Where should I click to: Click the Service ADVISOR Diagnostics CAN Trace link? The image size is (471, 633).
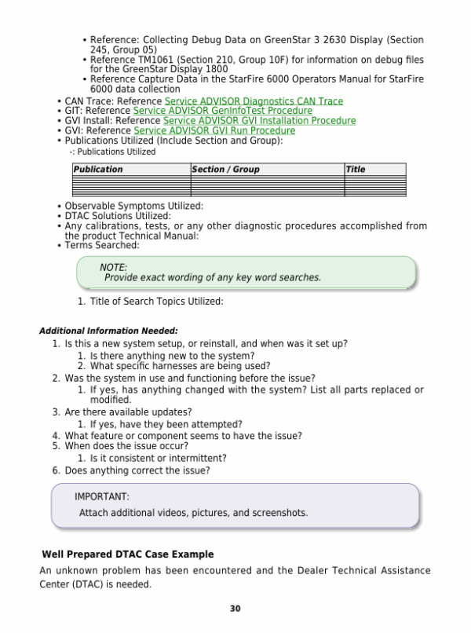pos(254,101)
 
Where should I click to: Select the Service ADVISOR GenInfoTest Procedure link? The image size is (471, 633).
pos(223,112)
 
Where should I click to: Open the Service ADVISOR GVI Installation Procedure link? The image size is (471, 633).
pos(259,121)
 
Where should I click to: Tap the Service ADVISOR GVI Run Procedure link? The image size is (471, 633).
pos(214,130)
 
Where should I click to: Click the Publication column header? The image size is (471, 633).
pos(98,169)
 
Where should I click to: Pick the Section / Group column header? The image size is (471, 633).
pos(225,169)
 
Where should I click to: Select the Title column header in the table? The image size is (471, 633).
pos(356,169)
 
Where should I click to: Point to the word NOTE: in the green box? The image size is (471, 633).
pos(113,268)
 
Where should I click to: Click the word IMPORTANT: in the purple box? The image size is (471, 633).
pos(102,496)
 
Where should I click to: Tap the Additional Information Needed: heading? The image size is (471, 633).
pos(108,331)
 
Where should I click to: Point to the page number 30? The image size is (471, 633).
pos(235,609)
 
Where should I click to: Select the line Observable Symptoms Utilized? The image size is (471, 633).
pos(133,206)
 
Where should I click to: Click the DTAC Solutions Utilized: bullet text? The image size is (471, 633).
pos(118,216)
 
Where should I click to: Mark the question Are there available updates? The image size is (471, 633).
pos(128,412)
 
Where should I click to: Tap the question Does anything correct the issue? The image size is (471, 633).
pos(137,470)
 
